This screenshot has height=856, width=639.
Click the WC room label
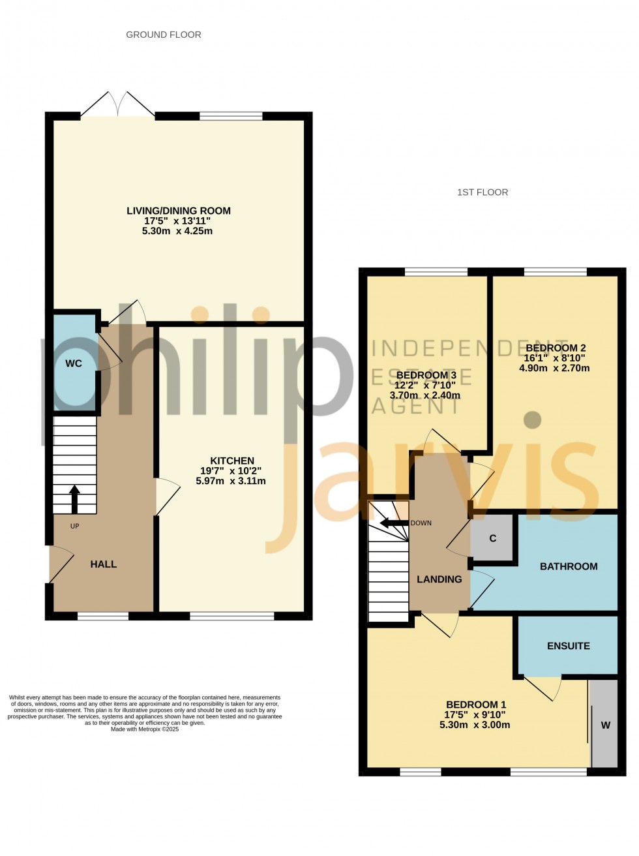74,363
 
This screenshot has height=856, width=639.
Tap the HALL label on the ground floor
103,564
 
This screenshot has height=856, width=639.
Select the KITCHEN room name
232,460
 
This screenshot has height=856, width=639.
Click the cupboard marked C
493,538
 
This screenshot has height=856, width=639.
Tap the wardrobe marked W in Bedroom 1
605,725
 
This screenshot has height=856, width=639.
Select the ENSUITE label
569,645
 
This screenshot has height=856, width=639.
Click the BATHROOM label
569,566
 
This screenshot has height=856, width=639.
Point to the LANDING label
439,579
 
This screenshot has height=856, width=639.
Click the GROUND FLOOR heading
164,35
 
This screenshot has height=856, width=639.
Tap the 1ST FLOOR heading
483,192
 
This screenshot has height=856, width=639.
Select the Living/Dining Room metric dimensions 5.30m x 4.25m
179,231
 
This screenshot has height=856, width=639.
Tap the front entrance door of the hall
61,565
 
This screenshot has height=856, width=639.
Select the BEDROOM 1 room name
476,705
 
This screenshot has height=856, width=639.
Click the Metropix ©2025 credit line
145,729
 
